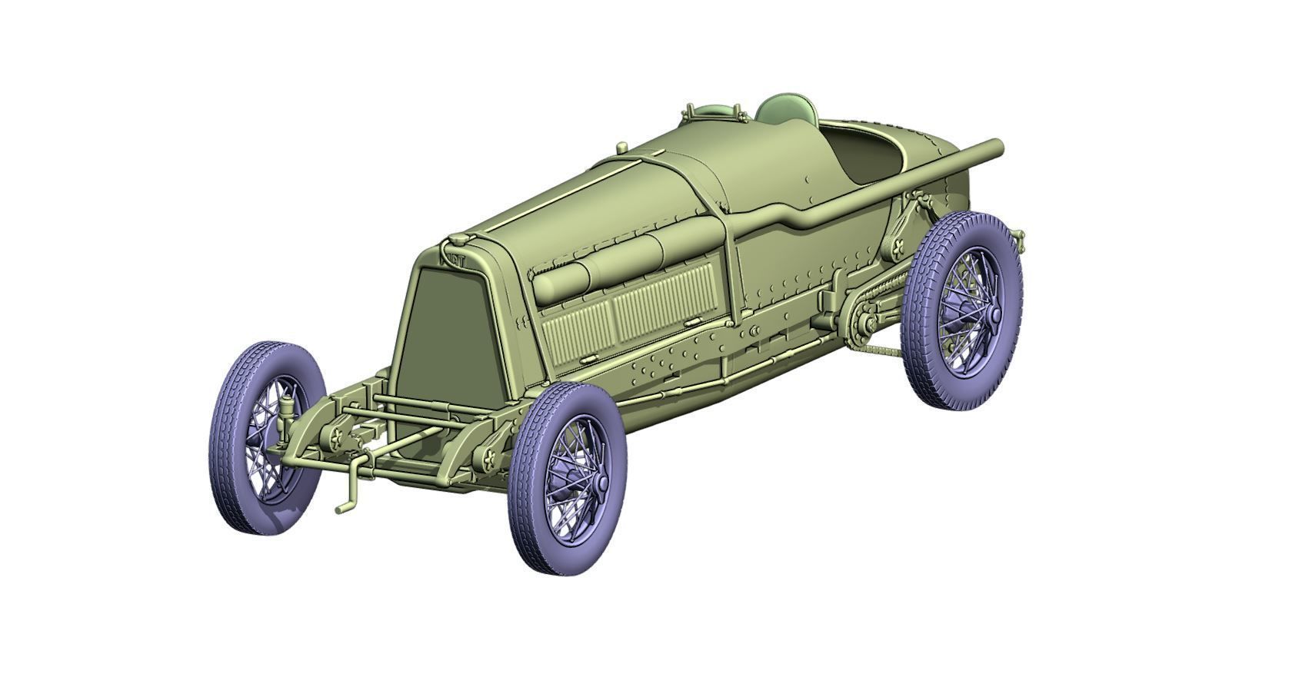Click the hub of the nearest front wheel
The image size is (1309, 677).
(600, 482)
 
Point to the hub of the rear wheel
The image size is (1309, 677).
(994, 314)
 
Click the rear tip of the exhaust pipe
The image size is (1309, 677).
(997, 145)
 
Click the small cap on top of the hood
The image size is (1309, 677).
(621, 147)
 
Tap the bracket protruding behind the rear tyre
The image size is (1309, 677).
(1020, 235)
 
